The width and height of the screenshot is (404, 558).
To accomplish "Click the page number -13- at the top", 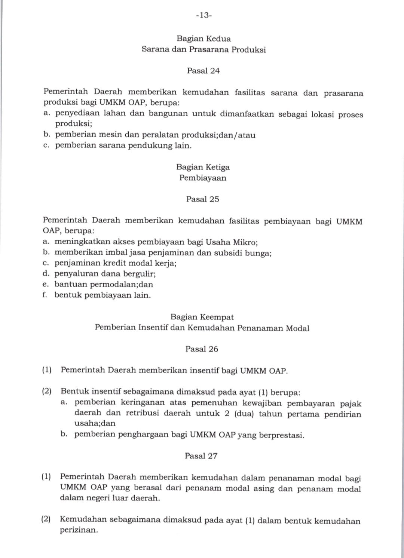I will [x=204, y=15].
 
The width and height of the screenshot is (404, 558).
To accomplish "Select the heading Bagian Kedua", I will [x=203, y=39].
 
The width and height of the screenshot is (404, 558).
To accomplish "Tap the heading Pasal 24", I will [x=203, y=71].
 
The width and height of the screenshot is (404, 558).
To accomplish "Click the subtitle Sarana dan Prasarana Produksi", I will [x=203, y=49].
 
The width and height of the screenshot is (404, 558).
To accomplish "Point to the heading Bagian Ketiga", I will [x=203, y=167].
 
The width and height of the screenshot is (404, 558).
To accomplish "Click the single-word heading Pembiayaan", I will [x=203, y=178].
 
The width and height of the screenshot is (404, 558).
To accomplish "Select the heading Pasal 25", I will [x=202, y=199].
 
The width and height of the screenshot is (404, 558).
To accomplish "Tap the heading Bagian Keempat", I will [x=202, y=317].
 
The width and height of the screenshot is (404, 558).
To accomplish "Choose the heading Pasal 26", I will [x=202, y=349].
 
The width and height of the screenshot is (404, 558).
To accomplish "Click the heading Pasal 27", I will [x=201, y=456].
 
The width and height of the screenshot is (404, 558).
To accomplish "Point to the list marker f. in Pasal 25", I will [x=45, y=295].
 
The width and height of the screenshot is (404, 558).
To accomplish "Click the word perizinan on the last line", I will [x=79, y=530].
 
